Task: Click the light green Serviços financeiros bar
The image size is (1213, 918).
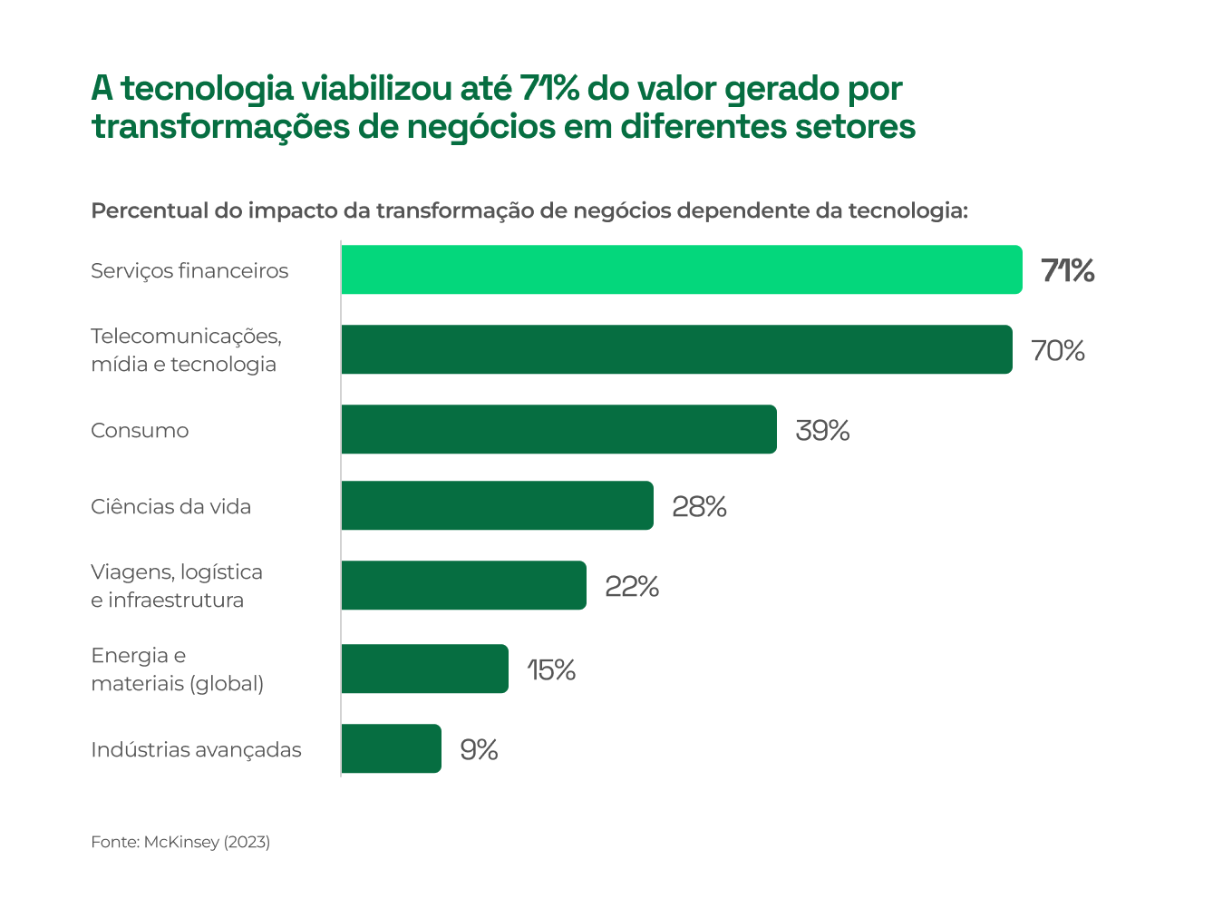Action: coord(682,269)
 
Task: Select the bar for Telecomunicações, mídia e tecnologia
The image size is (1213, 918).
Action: coord(676,349)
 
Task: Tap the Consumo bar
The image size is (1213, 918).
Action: coord(558,429)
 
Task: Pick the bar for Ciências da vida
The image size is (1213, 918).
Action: coord(497,505)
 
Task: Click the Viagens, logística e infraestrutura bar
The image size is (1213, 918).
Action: coord(463,585)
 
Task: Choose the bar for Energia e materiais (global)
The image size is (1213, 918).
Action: coord(424,669)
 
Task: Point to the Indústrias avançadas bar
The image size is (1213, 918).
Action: coord(391,748)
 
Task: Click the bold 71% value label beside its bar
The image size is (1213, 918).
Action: coord(1067,270)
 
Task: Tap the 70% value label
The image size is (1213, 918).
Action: coord(1058,350)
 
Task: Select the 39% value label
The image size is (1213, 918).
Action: coord(822,430)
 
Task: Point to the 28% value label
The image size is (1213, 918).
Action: coord(699,506)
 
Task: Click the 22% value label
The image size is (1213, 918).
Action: coord(632,586)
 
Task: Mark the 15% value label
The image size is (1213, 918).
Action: coord(551,669)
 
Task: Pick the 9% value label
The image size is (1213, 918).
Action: coord(479,749)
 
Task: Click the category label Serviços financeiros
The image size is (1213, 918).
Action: coord(189,270)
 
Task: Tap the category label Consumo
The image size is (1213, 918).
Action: coord(140,430)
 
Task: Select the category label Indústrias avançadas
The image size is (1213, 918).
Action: coord(196,749)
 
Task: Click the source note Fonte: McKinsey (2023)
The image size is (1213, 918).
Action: coord(180,842)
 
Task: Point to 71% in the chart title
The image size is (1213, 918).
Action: coord(549,89)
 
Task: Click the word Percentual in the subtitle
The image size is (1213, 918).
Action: coord(150,210)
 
